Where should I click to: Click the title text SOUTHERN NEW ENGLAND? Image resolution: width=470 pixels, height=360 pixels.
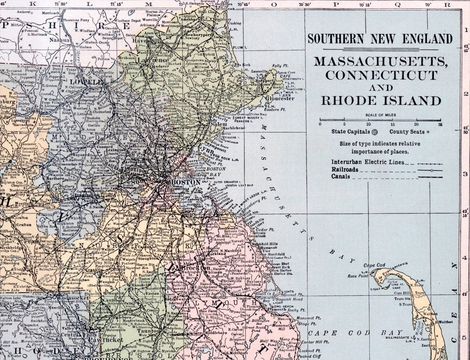click(380, 39)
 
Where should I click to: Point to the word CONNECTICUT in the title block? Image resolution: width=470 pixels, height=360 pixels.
click(381, 75)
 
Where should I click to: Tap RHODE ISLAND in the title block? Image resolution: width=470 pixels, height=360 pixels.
click(381, 101)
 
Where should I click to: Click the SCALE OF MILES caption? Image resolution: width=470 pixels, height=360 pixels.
click(381, 115)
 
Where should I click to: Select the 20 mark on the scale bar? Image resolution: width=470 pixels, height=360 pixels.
click(416, 124)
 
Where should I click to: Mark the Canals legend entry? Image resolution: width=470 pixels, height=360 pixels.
click(341, 177)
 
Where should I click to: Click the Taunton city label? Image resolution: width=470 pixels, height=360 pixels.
click(149, 330)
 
